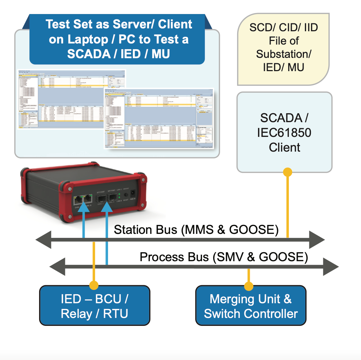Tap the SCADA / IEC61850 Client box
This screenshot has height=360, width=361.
[284, 132]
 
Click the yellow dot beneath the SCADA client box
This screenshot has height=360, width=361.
[287, 172]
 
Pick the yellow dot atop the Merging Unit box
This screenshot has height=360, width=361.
[248, 286]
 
